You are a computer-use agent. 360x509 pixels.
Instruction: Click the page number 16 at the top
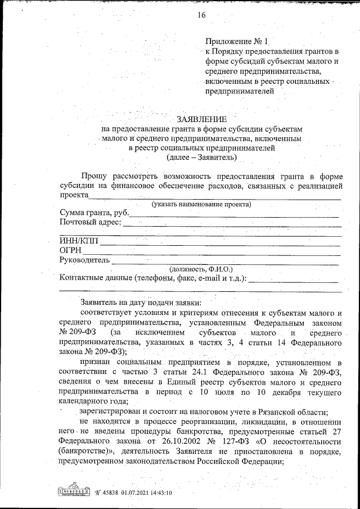point(201,15)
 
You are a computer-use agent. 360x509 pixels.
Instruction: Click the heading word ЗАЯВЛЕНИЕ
point(201,119)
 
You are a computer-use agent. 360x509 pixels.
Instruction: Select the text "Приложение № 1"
point(238,41)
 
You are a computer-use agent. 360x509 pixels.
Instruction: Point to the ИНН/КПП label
point(79,241)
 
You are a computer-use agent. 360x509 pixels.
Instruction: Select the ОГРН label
point(71,250)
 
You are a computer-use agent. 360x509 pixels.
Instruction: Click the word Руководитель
point(84,260)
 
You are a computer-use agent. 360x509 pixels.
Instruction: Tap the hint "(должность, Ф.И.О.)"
point(201,269)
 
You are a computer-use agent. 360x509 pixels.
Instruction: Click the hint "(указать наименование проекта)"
point(201,204)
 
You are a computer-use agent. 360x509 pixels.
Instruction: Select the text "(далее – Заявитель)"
point(201,159)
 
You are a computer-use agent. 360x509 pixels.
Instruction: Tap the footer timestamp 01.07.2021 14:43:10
point(145,493)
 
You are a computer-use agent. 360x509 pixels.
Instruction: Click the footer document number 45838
point(110,493)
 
